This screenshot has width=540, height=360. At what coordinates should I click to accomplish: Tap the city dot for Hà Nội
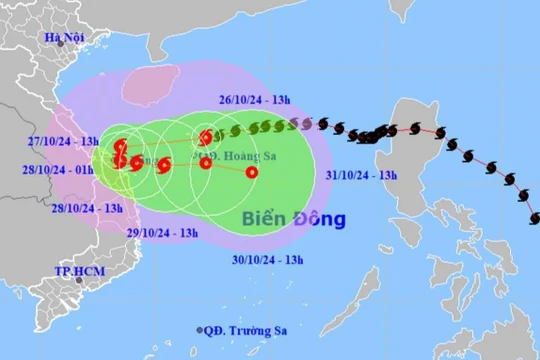pos(60,43)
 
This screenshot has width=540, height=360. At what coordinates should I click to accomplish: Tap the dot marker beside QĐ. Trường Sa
pos(200,330)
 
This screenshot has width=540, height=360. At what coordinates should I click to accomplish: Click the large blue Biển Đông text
pos(293,218)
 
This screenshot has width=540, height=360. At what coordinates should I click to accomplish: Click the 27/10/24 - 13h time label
pos(61,141)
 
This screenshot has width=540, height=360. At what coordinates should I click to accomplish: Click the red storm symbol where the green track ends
pos(206,137)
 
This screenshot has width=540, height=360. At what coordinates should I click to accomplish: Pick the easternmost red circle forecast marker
pos(252,172)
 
